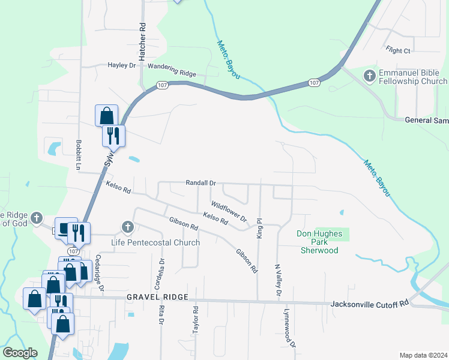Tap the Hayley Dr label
[x=122, y=65]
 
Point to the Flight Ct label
[x=399, y=51]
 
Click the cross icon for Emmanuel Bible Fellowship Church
[x=370, y=76]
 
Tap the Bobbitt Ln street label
[x=78, y=153]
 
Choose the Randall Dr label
[x=200, y=182]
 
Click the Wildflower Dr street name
[x=229, y=211]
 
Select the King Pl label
[x=259, y=228]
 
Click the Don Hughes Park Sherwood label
[x=318, y=242]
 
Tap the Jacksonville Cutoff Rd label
[x=369, y=304]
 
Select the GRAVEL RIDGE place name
[x=157, y=298]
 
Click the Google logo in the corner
[x=20, y=352]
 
